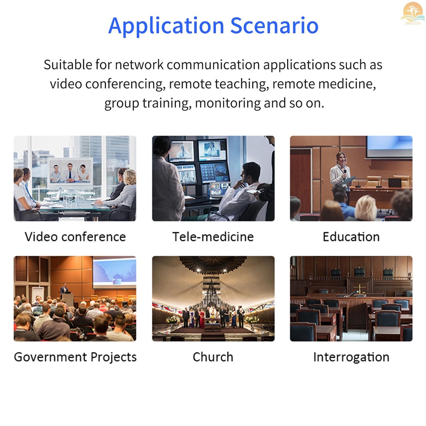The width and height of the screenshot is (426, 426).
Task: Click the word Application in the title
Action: pos(166,26)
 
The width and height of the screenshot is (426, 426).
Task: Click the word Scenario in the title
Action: pos(275,25)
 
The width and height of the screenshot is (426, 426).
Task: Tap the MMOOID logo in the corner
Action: pos(413,14)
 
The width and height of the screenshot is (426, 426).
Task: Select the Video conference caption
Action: pos(75,237)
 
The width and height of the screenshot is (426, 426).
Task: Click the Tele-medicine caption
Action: pos(213,237)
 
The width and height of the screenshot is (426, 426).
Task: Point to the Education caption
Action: pos(351,237)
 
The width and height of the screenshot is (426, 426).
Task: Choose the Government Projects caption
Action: pos(75,357)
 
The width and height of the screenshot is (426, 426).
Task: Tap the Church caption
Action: pos(213,357)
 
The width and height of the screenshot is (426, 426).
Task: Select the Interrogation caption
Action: pos(351,357)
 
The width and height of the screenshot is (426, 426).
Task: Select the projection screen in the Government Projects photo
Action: pos(114,272)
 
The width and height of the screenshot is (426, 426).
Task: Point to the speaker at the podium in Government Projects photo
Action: pos(64,289)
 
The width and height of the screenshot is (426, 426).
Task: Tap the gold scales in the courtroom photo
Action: pos(359,288)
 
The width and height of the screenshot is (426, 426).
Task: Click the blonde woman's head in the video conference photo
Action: pos(130,177)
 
